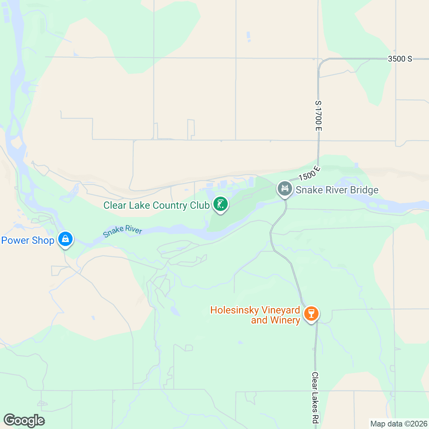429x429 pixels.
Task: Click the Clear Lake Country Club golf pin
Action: (221, 204)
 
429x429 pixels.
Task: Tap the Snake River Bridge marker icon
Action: (285, 188)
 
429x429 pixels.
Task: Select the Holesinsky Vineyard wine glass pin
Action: (311, 314)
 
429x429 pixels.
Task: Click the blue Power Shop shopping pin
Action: (65, 239)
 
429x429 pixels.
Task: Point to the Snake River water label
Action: (123, 231)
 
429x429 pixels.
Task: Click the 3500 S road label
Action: (400, 59)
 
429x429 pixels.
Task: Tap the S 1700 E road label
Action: (318, 115)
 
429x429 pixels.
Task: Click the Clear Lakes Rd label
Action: (315, 397)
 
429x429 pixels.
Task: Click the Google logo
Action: (24, 420)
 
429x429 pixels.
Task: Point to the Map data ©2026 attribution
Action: (399, 424)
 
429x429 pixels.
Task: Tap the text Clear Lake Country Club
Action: (156, 206)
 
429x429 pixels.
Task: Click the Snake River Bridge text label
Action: (337, 190)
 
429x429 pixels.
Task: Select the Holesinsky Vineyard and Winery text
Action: (255, 315)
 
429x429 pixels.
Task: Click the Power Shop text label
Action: (28, 240)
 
